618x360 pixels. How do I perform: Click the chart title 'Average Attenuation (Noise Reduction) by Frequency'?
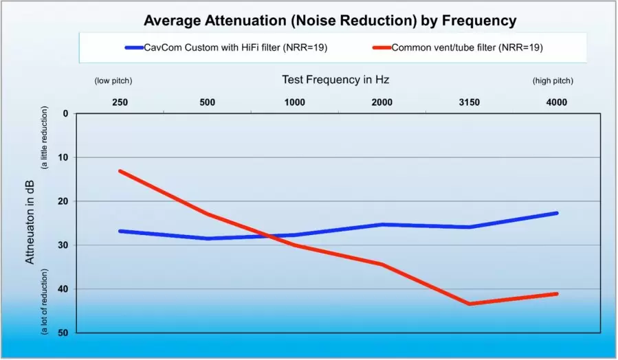[329, 21]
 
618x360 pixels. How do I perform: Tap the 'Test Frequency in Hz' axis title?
[335, 80]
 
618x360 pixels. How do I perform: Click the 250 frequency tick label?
[120, 102]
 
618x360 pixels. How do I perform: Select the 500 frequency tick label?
[208, 102]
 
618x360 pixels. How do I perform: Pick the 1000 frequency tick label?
[295, 102]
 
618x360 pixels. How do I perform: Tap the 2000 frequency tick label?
[382, 102]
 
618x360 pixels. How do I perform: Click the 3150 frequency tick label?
[470, 102]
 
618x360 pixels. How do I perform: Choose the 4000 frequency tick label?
[557, 102]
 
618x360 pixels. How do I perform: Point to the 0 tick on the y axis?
[65, 113]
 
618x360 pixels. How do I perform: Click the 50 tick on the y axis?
[63, 333]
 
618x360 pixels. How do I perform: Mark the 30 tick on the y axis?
[63, 245]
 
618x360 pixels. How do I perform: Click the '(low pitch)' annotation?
[113, 81]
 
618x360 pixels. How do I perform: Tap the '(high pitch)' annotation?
[553, 81]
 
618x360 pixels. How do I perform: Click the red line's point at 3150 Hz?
[470, 304]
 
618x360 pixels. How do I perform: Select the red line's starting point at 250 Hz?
[120, 170]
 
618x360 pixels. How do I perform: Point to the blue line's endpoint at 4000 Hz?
[557, 213]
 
